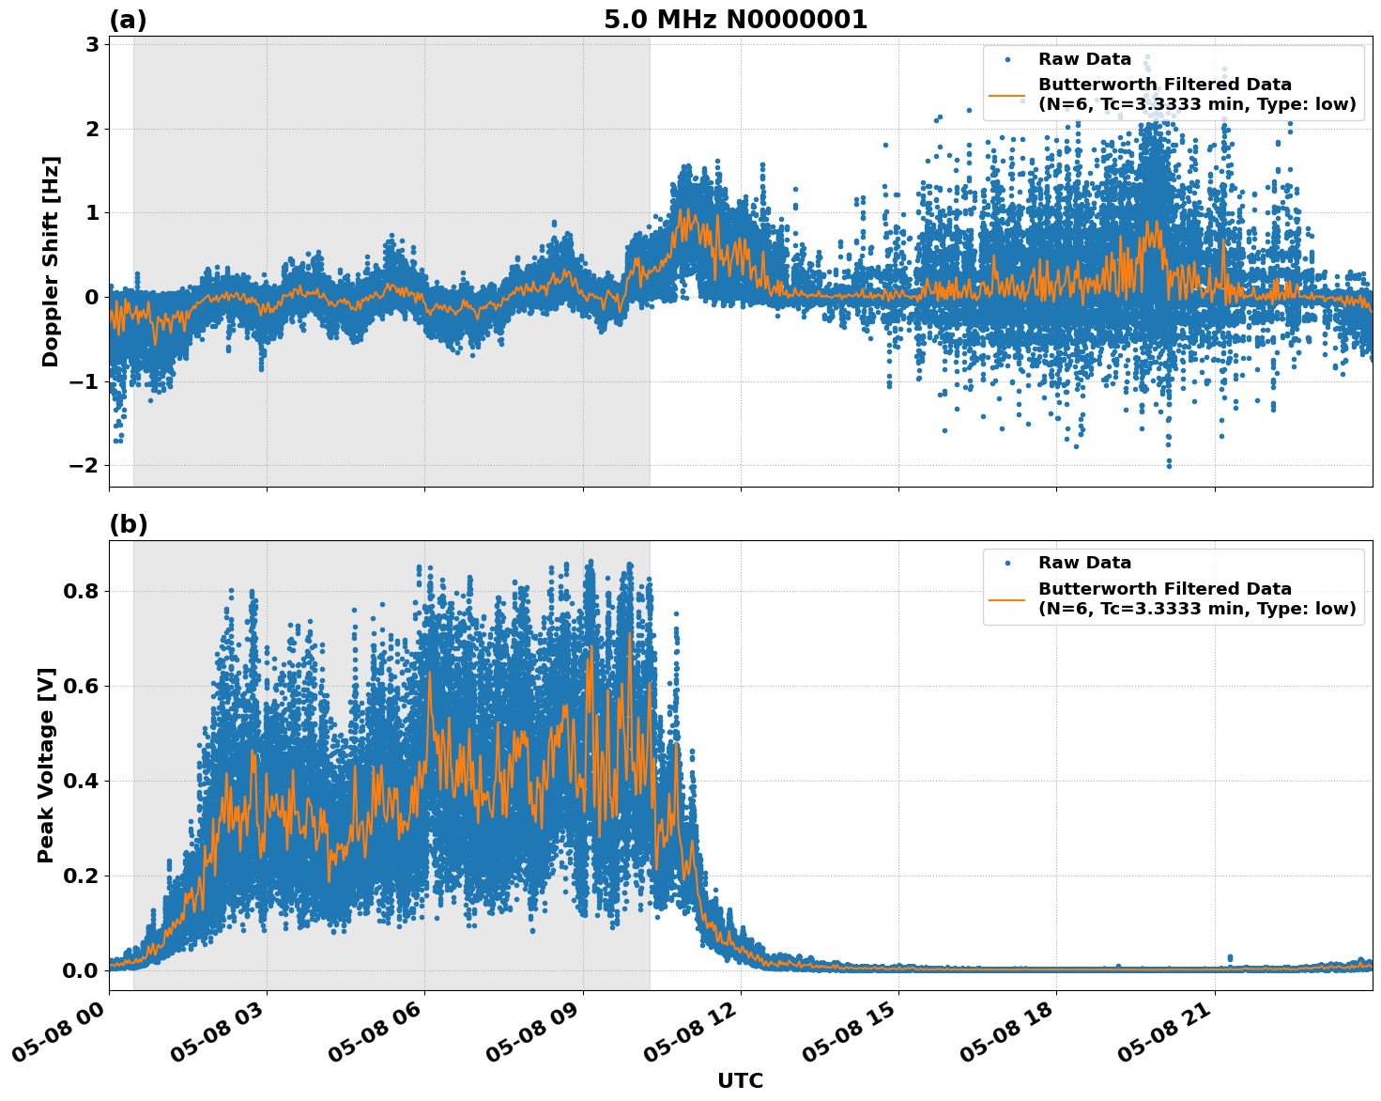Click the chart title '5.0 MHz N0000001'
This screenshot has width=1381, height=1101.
[x=735, y=20]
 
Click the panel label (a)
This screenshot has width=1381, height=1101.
[x=128, y=20]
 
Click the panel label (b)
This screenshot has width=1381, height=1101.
[x=128, y=524]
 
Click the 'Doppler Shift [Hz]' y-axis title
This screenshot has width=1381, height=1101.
[x=51, y=261]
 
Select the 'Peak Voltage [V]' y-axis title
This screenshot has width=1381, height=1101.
[x=46, y=765]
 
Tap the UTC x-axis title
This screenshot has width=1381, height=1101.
[x=740, y=1080]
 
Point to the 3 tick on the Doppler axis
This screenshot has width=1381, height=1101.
[x=92, y=45]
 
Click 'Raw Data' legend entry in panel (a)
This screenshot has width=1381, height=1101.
[x=1084, y=59]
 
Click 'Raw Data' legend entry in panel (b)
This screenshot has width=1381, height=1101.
[x=1084, y=563]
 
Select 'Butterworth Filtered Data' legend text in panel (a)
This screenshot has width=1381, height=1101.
[x=1164, y=85]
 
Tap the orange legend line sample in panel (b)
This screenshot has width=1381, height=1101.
[x=1007, y=598]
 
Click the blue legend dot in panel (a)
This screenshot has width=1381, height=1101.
[x=1007, y=59]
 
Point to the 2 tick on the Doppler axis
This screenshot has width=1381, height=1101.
[x=92, y=129]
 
